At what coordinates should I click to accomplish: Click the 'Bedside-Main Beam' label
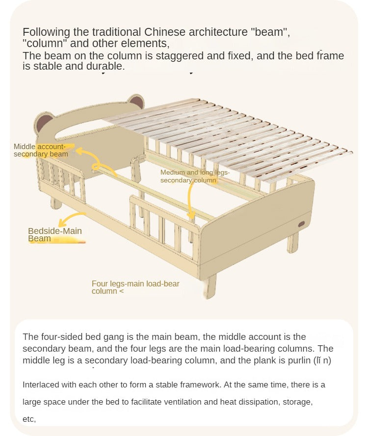pos(55,235)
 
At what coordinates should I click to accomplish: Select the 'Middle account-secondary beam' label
pos(41,150)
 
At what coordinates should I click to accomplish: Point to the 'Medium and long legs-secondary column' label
pos(195,176)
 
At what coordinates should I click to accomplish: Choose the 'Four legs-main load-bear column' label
pos(135,287)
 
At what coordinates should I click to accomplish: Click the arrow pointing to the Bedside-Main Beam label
pos(71,218)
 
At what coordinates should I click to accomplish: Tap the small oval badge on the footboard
pos(302,224)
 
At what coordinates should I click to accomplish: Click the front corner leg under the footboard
pos(210,286)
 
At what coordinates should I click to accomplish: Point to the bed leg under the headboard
pos(55,203)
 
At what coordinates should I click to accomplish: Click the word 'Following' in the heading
pos(46,32)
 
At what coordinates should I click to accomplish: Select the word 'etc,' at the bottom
pos(29,419)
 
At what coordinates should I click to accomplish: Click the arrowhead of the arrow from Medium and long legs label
pos(191,216)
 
